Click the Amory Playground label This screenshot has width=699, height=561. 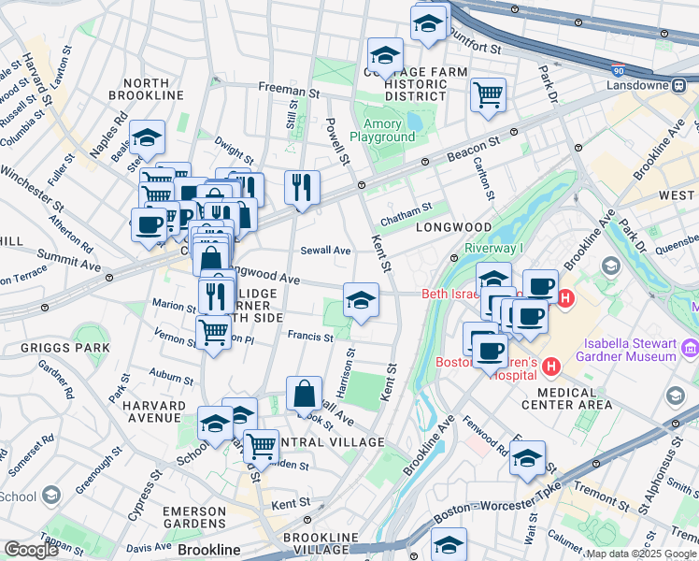pyautogui.click(x=382, y=130)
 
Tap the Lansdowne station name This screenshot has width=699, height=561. pyautogui.click(x=635, y=84)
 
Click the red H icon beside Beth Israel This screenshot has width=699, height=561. pyautogui.click(x=563, y=297)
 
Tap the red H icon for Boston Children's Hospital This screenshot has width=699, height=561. pyautogui.click(x=550, y=365)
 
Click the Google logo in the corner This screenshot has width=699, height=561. pyautogui.click(x=30, y=550)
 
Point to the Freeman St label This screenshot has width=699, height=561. pyautogui.click(x=282, y=91)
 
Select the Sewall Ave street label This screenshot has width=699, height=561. pyautogui.click(x=325, y=251)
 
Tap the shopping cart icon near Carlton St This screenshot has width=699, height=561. pyautogui.click(x=488, y=94)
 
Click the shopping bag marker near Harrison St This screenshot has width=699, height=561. pyautogui.click(x=304, y=394)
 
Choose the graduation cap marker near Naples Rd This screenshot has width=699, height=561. pyautogui.click(x=147, y=137)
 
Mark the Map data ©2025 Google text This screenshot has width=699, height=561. pyautogui.click(x=641, y=554)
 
